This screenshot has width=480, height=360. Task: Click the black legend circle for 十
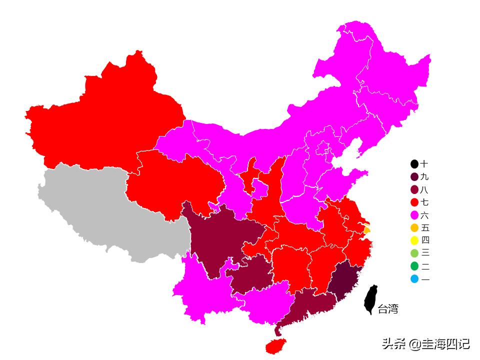pyautogui.click(x=414, y=164)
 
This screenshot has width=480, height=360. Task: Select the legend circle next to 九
pyautogui.click(x=414, y=177)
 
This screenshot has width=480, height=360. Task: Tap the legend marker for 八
pyautogui.click(x=414, y=190)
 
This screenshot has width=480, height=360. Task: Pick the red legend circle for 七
pyautogui.click(x=414, y=202)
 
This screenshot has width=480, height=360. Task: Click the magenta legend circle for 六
pyautogui.click(x=414, y=215)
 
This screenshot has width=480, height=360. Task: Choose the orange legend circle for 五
pyautogui.click(x=414, y=228)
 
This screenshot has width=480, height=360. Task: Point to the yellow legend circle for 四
pyautogui.click(x=414, y=240)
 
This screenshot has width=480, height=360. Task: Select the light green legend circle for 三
pyautogui.click(x=414, y=253)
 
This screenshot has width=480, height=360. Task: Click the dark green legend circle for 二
pyautogui.click(x=414, y=266)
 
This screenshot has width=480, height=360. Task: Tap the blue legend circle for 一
pyautogui.click(x=414, y=279)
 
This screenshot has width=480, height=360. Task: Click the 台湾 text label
pyautogui.click(x=388, y=309)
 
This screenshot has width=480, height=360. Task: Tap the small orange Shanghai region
pyautogui.click(x=367, y=230)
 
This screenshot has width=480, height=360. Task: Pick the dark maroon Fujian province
pyautogui.click(x=342, y=280)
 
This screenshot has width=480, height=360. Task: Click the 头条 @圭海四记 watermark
pyautogui.click(x=425, y=344)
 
